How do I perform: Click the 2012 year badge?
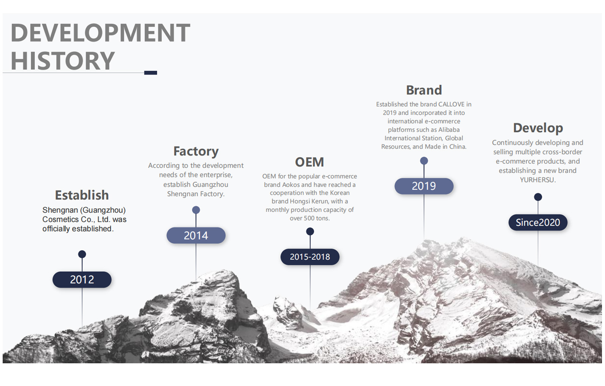click(82, 280)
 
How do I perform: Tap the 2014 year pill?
click(196, 235)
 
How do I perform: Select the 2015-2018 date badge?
click(310, 257)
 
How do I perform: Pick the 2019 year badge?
click(424, 186)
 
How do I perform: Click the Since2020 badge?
click(538, 223)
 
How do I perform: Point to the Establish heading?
click(82, 195)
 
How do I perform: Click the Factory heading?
click(196, 151)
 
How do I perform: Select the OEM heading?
click(310, 162)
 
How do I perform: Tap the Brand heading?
click(424, 90)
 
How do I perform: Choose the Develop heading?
click(538, 128)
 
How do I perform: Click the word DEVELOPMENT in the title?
click(101, 33)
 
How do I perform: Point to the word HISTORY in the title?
click(63, 61)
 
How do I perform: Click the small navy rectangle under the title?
click(150, 73)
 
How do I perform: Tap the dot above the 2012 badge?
click(82, 254)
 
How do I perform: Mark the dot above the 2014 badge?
click(196, 210)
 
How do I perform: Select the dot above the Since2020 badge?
click(538, 197)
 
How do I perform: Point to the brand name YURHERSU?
click(537, 180)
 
